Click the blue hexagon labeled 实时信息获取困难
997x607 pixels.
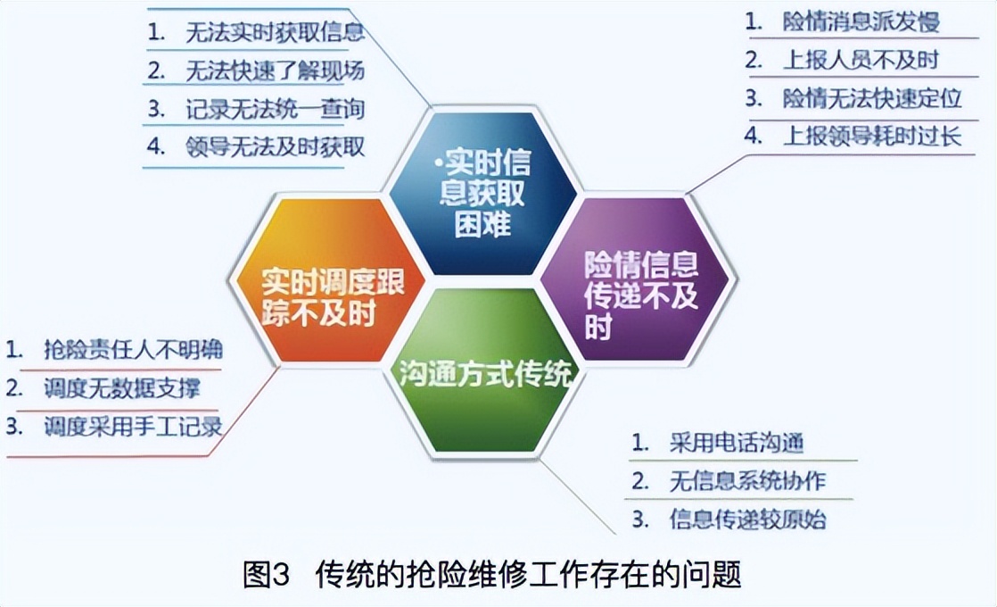point(482,192)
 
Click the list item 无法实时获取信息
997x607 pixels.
point(275,33)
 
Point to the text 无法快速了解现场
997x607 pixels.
point(275,70)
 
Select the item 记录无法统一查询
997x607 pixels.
point(275,109)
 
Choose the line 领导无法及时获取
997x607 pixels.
point(275,146)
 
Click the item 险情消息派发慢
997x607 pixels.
point(861,21)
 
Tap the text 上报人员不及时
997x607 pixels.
point(861,60)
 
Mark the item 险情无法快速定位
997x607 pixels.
point(872,98)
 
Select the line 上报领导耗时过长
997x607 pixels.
point(872,137)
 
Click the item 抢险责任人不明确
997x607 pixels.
point(133,349)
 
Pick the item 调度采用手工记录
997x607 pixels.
point(133,427)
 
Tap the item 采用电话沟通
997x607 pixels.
point(737,443)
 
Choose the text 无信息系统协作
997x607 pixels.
point(747,481)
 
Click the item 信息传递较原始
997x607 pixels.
point(747,519)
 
